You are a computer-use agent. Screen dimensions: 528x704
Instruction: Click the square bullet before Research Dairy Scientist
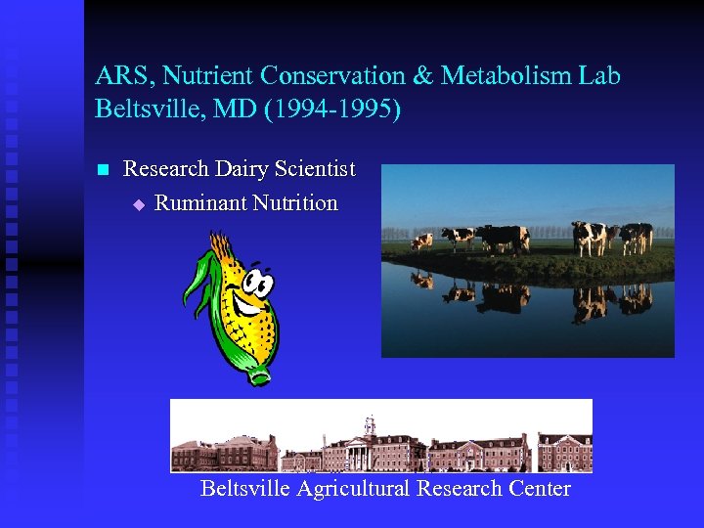click(x=101, y=170)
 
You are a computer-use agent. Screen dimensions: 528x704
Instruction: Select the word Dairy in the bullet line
click(x=240, y=169)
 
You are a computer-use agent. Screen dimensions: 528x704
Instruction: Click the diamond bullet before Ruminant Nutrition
click(x=138, y=204)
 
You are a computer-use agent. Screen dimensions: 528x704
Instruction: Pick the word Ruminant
click(x=200, y=203)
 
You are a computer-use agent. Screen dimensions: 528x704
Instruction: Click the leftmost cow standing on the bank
click(x=421, y=241)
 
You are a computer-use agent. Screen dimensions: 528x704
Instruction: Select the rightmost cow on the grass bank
click(x=638, y=236)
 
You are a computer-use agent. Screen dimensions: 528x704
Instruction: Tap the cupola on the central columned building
click(x=370, y=425)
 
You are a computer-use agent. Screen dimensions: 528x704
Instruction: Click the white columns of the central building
click(x=364, y=455)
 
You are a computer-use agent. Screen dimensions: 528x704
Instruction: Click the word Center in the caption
click(x=538, y=488)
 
